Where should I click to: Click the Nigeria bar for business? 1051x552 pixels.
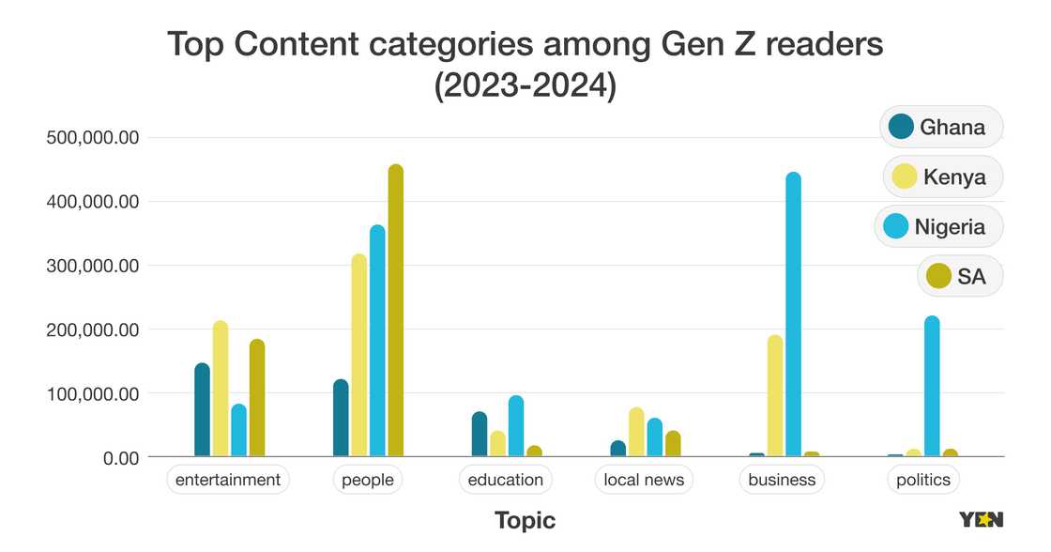pos(794,314)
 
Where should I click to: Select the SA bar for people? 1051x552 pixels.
pos(396,311)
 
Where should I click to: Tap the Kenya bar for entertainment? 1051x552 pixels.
pos(221,389)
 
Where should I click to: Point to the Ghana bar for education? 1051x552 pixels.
pos(480,434)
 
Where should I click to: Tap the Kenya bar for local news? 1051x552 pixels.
pos(636,432)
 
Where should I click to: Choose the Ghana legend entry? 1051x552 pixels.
pos(940,127)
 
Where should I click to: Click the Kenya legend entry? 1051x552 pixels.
pos(942,176)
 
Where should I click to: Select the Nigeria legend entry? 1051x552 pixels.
pos(937,226)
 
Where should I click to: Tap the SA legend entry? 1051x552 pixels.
pos(959,276)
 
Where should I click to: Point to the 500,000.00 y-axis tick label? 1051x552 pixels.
pos(93,138)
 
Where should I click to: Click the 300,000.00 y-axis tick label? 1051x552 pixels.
pos(93,266)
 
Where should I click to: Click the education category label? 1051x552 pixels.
pos(505,480)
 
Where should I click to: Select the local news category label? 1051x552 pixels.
pos(644,480)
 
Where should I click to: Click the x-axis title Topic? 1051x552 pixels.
pos(525,520)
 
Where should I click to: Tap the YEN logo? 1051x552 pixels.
pos(981,519)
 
